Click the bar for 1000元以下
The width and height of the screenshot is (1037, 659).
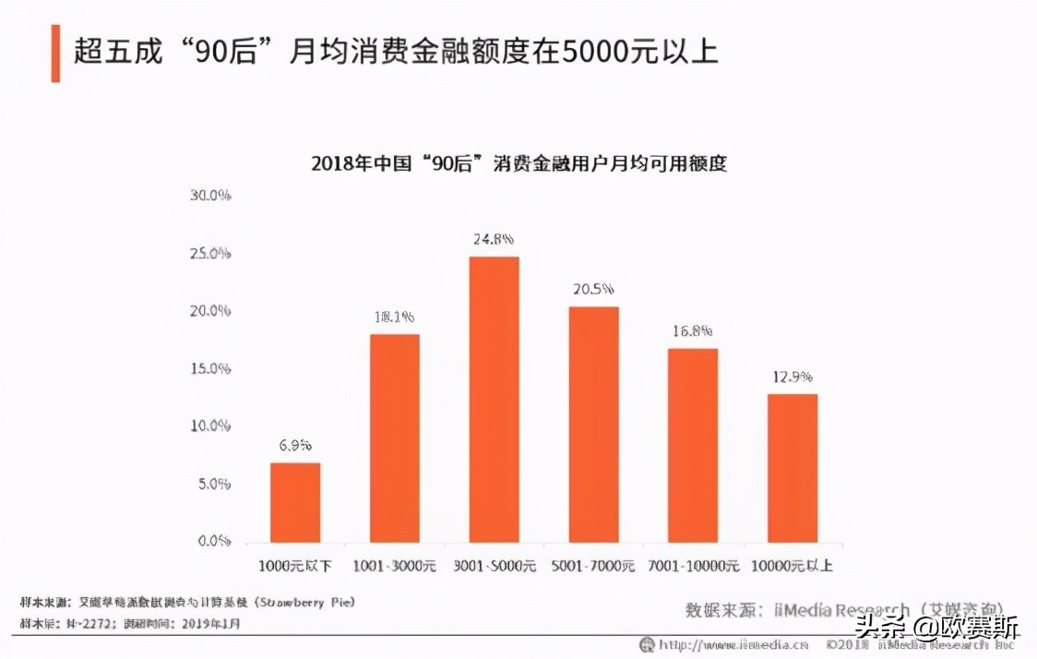[x=295, y=502]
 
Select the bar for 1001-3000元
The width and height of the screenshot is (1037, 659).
[x=394, y=437]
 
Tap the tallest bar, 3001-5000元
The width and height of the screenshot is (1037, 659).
[x=494, y=399]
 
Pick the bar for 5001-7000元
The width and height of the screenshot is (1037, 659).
[x=593, y=424]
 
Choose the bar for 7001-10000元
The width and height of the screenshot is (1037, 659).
[x=693, y=445]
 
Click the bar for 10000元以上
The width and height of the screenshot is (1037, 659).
[x=793, y=468]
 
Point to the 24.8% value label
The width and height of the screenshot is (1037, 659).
[x=494, y=240]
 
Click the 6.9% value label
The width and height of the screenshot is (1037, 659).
[x=295, y=446]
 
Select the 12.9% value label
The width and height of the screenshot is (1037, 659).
[x=793, y=377]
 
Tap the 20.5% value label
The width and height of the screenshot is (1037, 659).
[x=593, y=290]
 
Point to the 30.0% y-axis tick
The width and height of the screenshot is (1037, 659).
[x=209, y=196]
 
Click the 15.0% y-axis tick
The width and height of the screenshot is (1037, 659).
[x=209, y=368]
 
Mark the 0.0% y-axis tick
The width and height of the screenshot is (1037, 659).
[x=212, y=541]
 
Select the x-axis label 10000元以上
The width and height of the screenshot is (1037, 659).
[x=793, y=566]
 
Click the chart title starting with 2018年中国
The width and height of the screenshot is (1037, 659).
[x=518, y=164]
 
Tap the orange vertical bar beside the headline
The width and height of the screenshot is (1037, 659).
[x=55, y=53]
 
